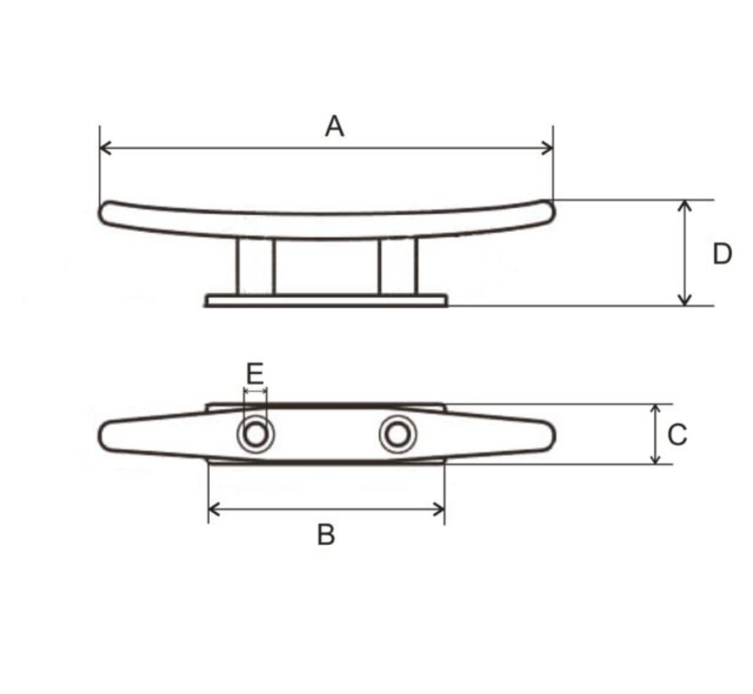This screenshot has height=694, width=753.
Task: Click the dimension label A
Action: coord(335,127)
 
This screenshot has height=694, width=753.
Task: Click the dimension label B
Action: coord(326,535)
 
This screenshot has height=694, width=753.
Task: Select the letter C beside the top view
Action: coord(677,435)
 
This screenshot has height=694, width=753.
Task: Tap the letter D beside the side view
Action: coord(721,254)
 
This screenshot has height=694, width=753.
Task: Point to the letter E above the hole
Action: coord(255,373)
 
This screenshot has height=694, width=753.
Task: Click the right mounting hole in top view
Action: coord(396,435)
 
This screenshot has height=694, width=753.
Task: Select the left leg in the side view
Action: coord(256,267)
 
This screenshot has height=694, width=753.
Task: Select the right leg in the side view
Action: coord(397,267)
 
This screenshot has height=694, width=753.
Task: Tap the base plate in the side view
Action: coord(327,300)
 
